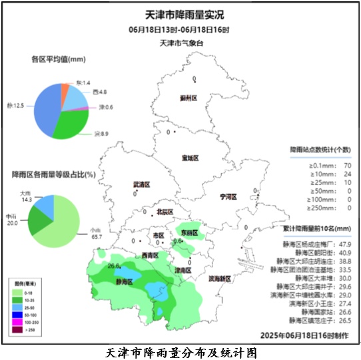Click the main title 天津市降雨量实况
(x=180, y=15)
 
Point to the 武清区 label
(x=142, y=184)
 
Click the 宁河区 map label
(x=229, y=197)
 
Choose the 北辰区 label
(x=164, y=212)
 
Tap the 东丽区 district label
(x=190, y=233)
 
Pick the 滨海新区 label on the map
(x=221, y=278)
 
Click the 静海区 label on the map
(x=125, y=282)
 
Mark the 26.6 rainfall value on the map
(x=113, y=266)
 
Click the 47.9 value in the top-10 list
(x=343, y=244)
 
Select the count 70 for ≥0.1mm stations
(x=347, y=164)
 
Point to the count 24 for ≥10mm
(x=347, y=173)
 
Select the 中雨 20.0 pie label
(x=12, y=220)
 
